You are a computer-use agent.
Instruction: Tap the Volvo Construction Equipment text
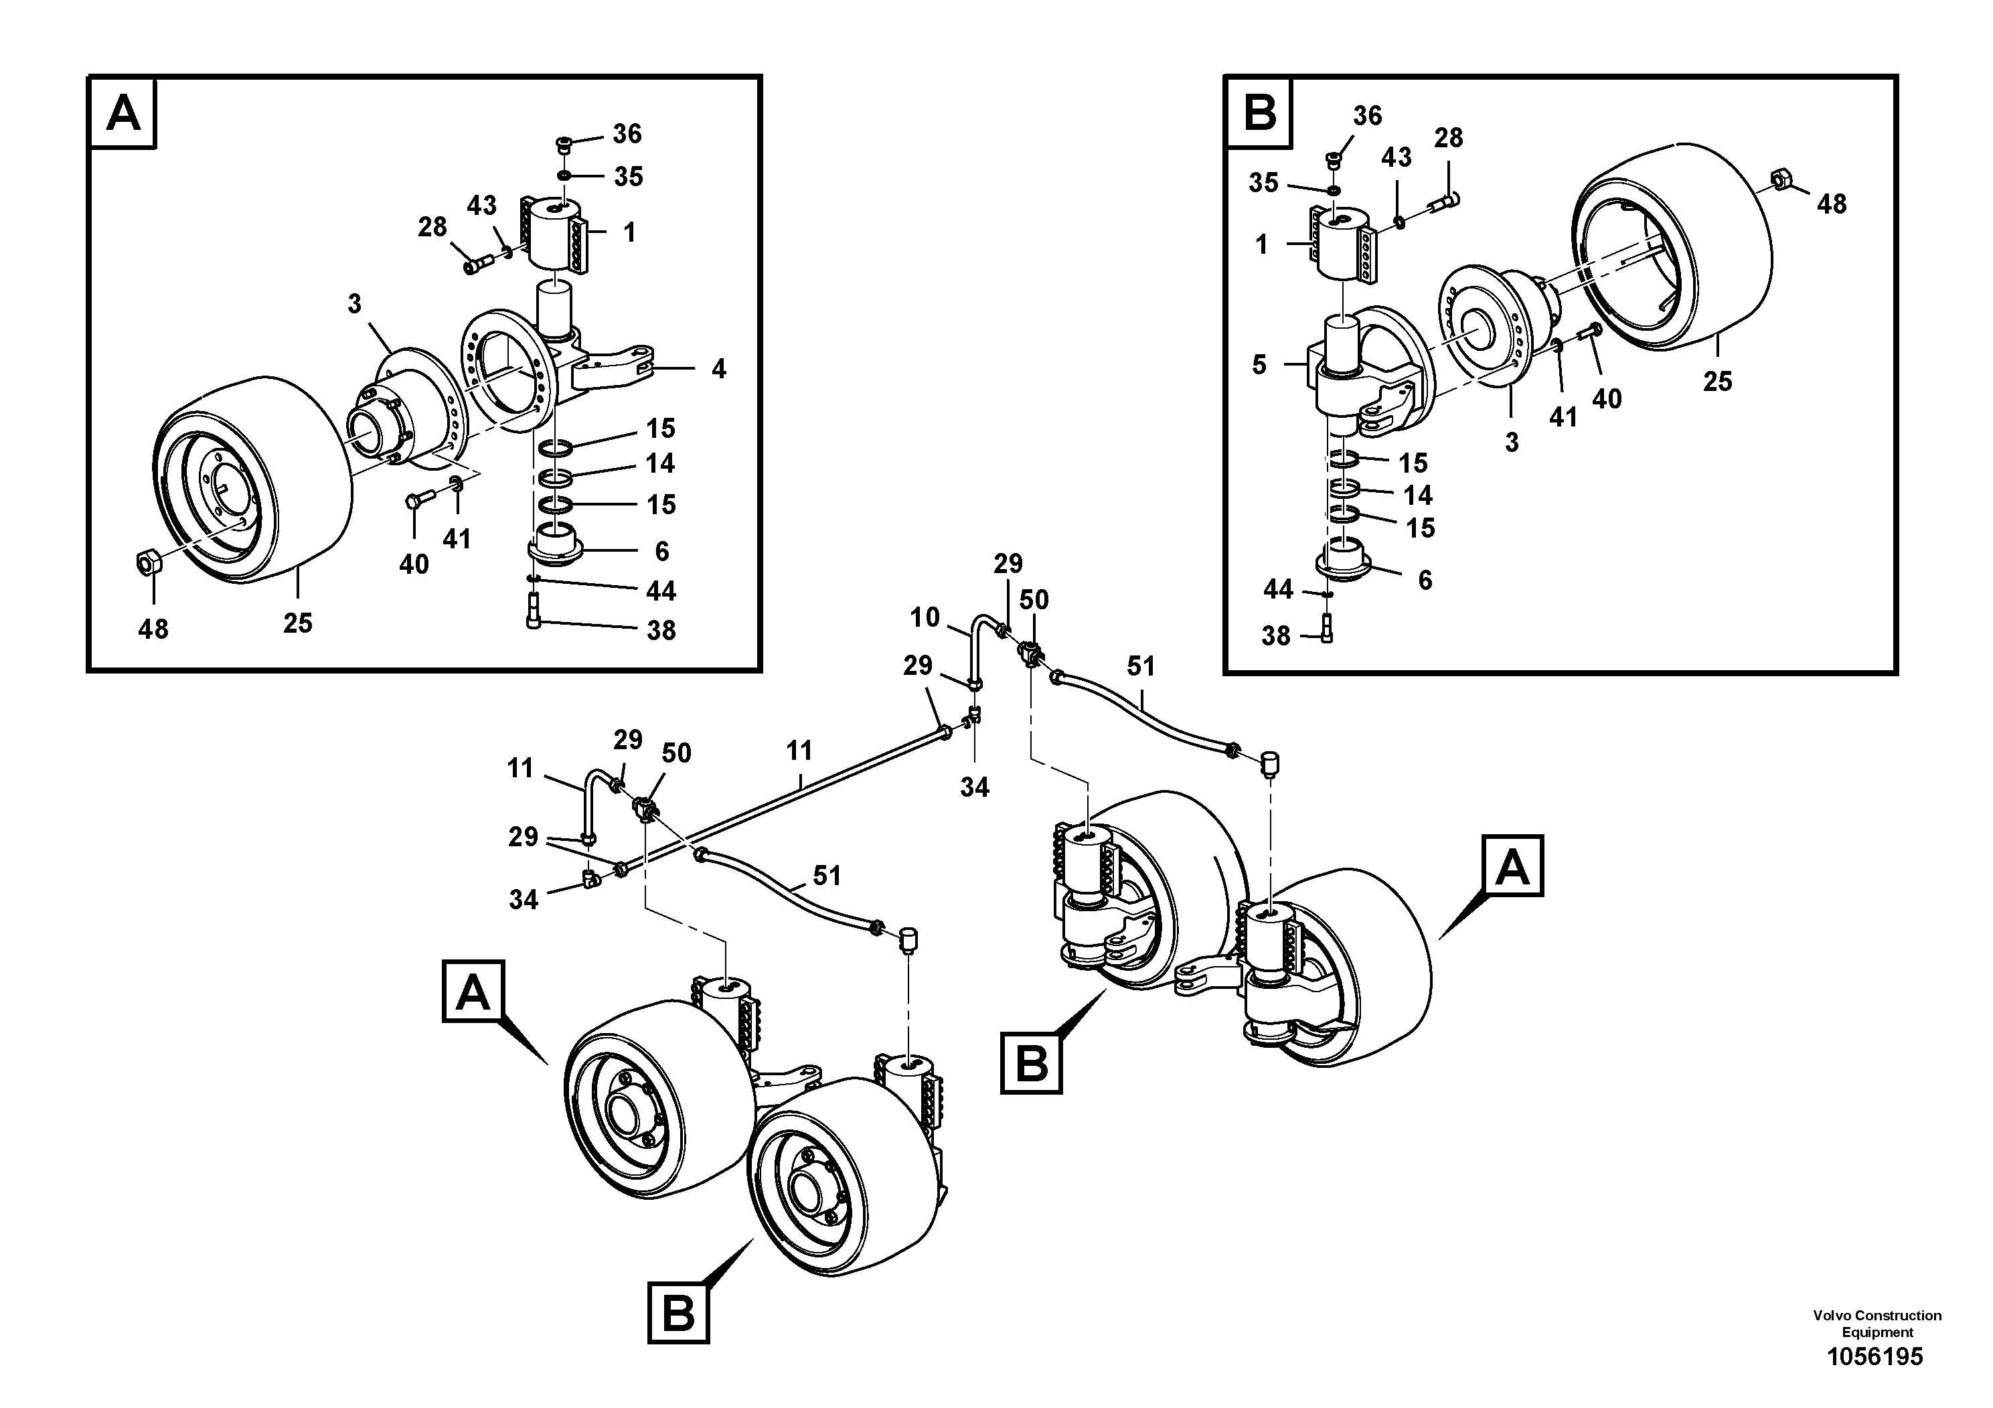click(1877, 1324)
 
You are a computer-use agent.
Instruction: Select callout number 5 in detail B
click(1259, 365)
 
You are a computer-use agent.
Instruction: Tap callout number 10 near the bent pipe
click(925, 617)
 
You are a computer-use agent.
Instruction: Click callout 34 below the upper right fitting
click(974, 787)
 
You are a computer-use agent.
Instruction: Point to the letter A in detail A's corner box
click(123, 113)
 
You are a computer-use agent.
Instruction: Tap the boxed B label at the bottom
click(678, 1314)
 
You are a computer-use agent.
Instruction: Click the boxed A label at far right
click(1512, 866)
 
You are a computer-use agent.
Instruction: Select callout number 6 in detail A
click(661, 550)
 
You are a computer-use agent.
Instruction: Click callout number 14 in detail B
click(1417, 495)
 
